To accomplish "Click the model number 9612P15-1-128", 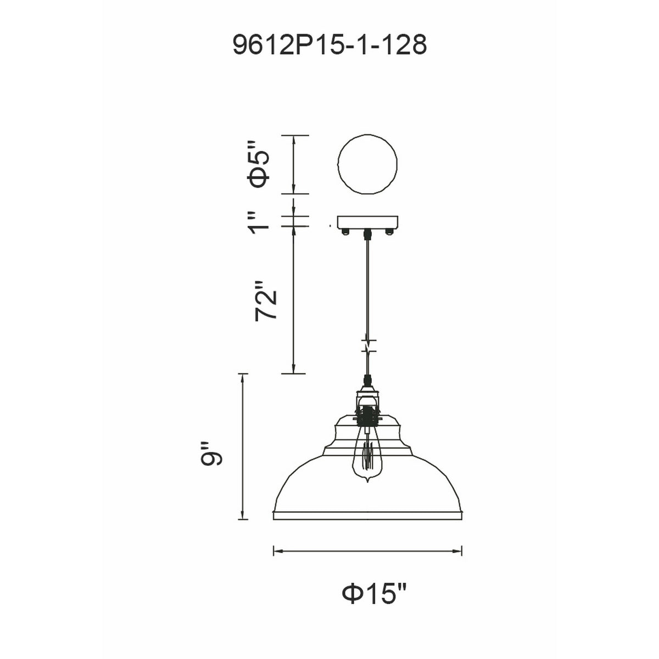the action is point(329,45).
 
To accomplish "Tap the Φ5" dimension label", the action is point(259,164).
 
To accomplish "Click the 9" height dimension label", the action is point(211,454).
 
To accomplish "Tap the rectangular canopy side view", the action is point(367,222).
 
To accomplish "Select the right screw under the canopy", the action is point(389,232).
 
